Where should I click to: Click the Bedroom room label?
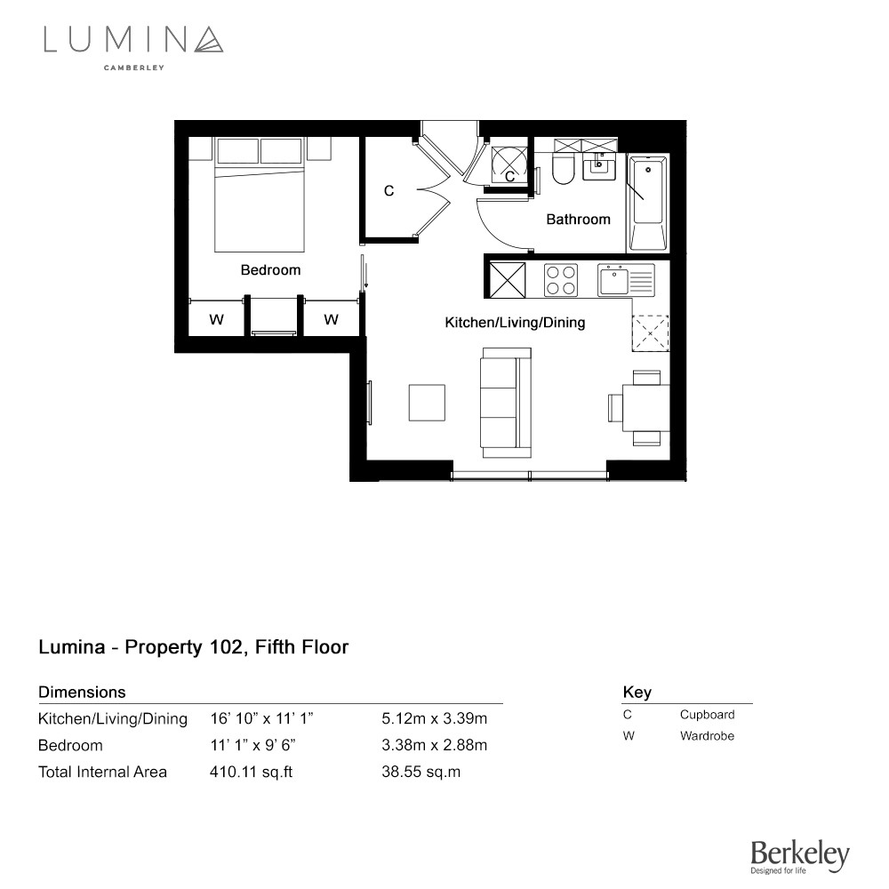[270, 270]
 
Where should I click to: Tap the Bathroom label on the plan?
[579, 220]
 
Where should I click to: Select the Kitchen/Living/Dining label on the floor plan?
[515, 323]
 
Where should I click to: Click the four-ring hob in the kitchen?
[561, 280]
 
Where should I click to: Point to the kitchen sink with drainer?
[626, 280]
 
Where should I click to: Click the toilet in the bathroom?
[564, 168]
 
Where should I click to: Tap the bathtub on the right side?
[648, 203]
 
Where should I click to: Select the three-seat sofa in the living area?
[506, 403]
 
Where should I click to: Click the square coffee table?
[427, 403]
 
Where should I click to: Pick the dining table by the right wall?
[645, 408]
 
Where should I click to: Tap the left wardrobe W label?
[216, 320]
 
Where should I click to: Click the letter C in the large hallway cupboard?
[388, 191]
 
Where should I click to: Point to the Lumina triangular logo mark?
[209, 40]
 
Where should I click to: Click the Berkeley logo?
[800, 856]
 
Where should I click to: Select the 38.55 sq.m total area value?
[420, 772]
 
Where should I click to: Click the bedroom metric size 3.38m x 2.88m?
[435, 745]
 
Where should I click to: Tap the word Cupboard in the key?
[707, 715]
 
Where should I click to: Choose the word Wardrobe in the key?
[707, 736]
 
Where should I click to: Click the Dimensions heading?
[82, 693]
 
